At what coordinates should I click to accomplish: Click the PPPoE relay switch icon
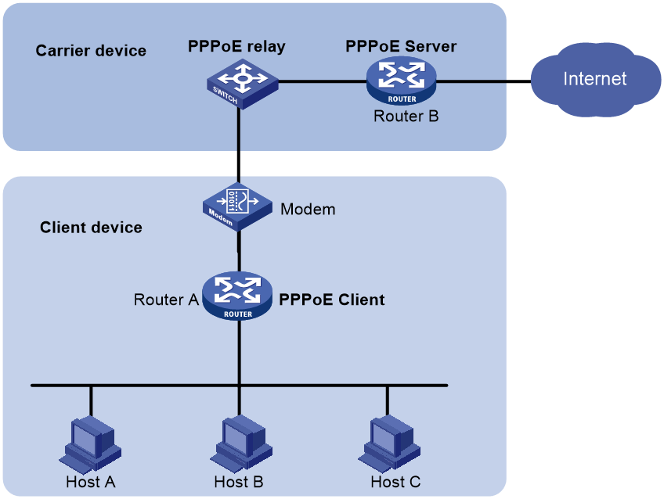242,84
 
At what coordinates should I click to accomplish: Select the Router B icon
401,81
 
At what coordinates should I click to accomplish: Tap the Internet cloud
595,80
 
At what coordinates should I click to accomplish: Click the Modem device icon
237,206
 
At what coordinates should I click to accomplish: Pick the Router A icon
237,295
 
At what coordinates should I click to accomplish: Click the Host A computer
90,444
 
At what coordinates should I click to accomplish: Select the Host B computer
240,444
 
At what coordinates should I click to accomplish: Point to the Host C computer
388,444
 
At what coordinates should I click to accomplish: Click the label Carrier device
91,51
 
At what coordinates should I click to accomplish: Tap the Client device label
91,228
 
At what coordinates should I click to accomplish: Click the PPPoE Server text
401,46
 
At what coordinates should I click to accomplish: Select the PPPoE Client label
332,300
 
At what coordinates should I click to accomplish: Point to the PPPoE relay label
236,46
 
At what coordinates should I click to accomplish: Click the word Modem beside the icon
308,210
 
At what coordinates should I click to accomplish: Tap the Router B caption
406,117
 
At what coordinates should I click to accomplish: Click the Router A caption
166,300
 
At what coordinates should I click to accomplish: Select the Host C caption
395,482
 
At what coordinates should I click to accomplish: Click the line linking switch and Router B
323,81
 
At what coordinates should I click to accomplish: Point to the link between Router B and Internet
484,81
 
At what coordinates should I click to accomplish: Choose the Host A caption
91,482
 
